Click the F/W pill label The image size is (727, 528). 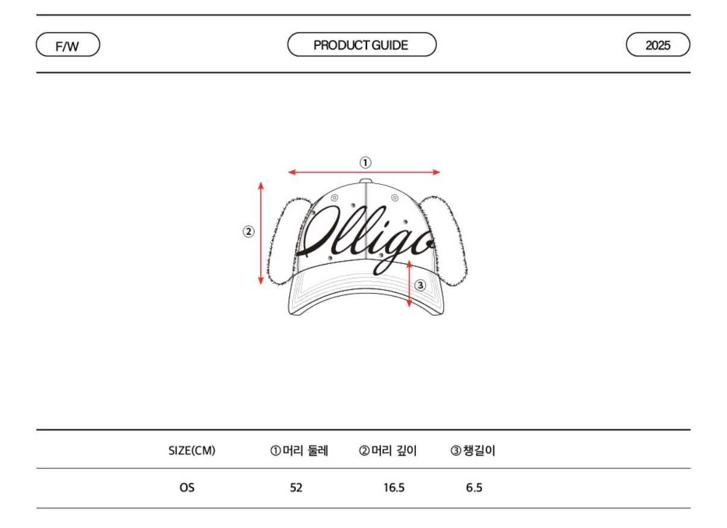[68, 45]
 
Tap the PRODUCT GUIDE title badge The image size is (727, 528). [362, 45]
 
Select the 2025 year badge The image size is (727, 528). [658, 45]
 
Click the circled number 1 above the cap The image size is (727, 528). [365, 163]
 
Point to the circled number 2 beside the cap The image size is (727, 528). [248, 231]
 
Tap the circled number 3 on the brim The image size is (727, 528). [420, 285]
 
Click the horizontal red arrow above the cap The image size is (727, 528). [364, 172]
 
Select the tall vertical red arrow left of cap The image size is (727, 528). [260, 234]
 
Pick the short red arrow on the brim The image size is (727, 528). [409, 284]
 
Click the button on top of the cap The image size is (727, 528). [366, 181]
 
